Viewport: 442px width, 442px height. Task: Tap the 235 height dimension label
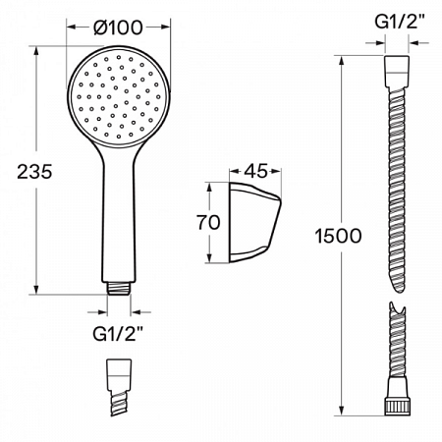(x=33, y=170)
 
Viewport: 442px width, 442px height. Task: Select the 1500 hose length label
(x=339, y=236)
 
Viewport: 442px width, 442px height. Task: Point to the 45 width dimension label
(x=255, y=172)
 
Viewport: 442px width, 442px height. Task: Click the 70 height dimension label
(x=207, y=223)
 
